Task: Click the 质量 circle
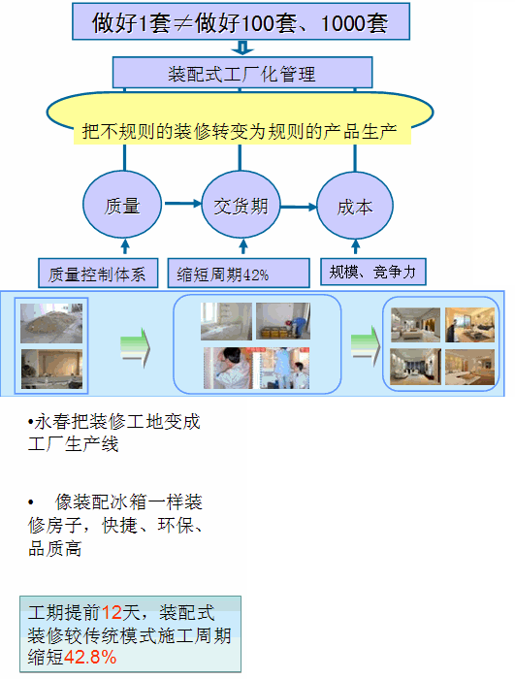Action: [x=121, y=205]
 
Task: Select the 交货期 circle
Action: [x=241, y=205]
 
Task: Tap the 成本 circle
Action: [x=355, y=206]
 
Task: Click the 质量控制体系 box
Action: [x=98, y=274]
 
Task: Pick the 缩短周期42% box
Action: [x=239, y=274]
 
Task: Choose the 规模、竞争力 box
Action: [x=373, y=272]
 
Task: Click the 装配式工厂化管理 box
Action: [x=242, y=73]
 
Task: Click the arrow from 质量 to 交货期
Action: [x=182, y=203]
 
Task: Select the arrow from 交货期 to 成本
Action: [x=299, y=207]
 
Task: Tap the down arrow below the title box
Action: [x=242, y=48]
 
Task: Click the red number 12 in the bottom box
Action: [x=112, y=612]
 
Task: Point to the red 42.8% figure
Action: [x=90, y=657]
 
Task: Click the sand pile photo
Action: [x=51, y=323]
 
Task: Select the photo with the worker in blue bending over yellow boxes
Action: [x=283, y=321]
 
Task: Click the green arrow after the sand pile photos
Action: [x=135, y=347]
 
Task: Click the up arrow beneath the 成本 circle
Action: [x=356, y=246]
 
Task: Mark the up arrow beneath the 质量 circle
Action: [x=125, y=245]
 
